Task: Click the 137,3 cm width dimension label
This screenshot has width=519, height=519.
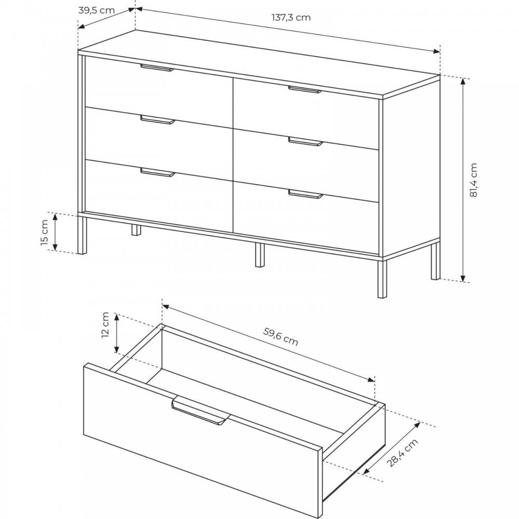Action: (x=291, y=17)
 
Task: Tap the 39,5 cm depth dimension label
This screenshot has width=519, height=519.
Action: (x=97, y=10)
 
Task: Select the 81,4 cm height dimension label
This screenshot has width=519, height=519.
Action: (x=474, y=180)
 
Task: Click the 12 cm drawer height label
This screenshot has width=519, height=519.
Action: (x=105, y=325)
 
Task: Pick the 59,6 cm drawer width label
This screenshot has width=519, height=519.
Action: (x=281, y=336)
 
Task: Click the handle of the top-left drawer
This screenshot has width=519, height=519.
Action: (x=157, y=67)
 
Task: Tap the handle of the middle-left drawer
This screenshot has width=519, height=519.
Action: (x=158, y=119)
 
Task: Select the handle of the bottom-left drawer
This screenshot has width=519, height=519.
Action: (x=158, y=172)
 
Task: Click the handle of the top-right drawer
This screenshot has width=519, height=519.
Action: (x=305, y=89)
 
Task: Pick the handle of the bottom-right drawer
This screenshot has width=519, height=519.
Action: (x=305, y=194)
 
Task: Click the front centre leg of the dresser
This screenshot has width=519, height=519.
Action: (x=260, y=255)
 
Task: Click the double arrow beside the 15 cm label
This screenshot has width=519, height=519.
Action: (x=56, y=232)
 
